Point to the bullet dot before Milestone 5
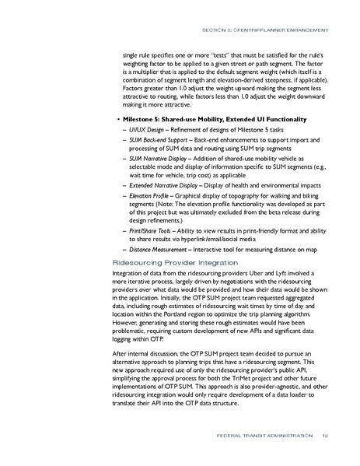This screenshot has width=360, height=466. pyautogui.click(x=115, y=118)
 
